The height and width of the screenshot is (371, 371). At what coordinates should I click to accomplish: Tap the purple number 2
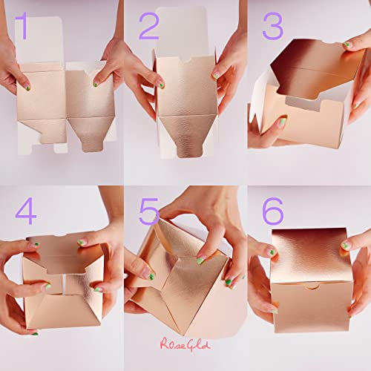148,26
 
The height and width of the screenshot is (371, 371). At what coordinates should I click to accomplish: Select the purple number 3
272,27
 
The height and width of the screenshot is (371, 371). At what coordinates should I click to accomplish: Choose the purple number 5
149,211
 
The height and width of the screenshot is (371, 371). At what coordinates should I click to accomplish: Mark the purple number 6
272,211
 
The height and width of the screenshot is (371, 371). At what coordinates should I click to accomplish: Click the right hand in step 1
119,67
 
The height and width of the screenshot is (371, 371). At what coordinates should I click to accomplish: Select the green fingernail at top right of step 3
347,45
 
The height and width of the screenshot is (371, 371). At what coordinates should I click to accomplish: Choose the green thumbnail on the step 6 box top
346,246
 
